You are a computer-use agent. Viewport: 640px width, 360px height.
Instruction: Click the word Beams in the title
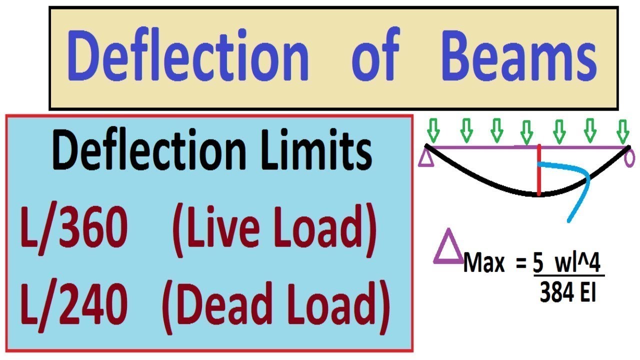(x=519, y=55)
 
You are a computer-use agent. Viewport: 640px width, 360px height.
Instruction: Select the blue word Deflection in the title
(x=188, y=54)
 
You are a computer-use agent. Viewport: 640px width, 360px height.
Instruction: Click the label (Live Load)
(x=274, y=230)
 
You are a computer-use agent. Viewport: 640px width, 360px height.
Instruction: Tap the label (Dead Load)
(x=275, y=307)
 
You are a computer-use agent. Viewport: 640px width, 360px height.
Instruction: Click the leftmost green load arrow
(x=433, y=130)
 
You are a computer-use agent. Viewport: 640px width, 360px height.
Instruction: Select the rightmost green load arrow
(x=622, y=131)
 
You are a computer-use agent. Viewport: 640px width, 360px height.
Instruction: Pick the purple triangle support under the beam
(x=426, y=158)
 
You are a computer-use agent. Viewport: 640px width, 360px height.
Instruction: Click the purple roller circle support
(x=629, y=159)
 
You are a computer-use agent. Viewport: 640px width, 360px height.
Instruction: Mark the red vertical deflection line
(x=539, y=170)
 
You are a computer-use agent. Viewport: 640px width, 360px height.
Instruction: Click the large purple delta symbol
(x=448, y=246)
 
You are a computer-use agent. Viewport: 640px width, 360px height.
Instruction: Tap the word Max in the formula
(x=483, y=262)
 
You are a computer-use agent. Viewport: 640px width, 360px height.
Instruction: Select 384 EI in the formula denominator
(x=567, y=291)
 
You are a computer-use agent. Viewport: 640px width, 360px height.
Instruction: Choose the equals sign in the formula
(x=521, y=263)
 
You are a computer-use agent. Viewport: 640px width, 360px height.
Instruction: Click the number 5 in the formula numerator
(x=538, y=263)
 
